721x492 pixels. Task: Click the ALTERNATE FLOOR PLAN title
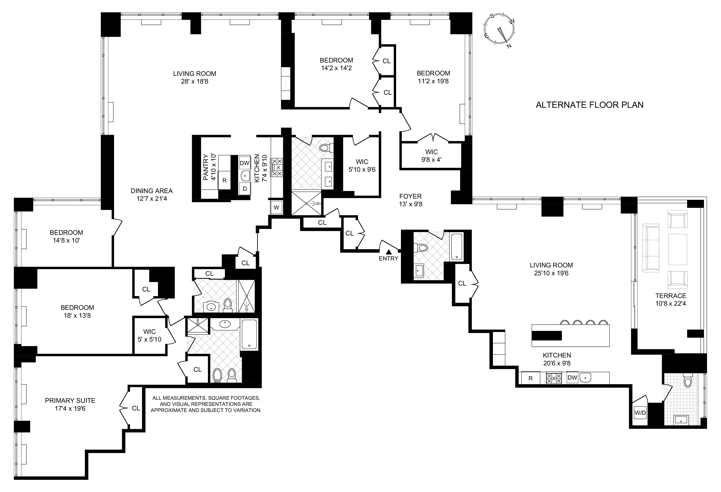(589, 105)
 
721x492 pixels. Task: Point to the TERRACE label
(671, 296)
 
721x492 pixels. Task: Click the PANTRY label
(206, 167)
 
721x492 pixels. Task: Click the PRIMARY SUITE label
(70, 400)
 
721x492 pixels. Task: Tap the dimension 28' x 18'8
(194, 82)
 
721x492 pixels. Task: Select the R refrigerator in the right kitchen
(530, 378)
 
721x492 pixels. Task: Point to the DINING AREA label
(151, 191)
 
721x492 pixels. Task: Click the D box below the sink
(244, 188)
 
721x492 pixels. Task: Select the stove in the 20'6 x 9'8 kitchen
(554, 378)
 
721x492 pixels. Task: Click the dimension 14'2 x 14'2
(336, 68)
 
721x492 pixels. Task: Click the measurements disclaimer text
(206, 404)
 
